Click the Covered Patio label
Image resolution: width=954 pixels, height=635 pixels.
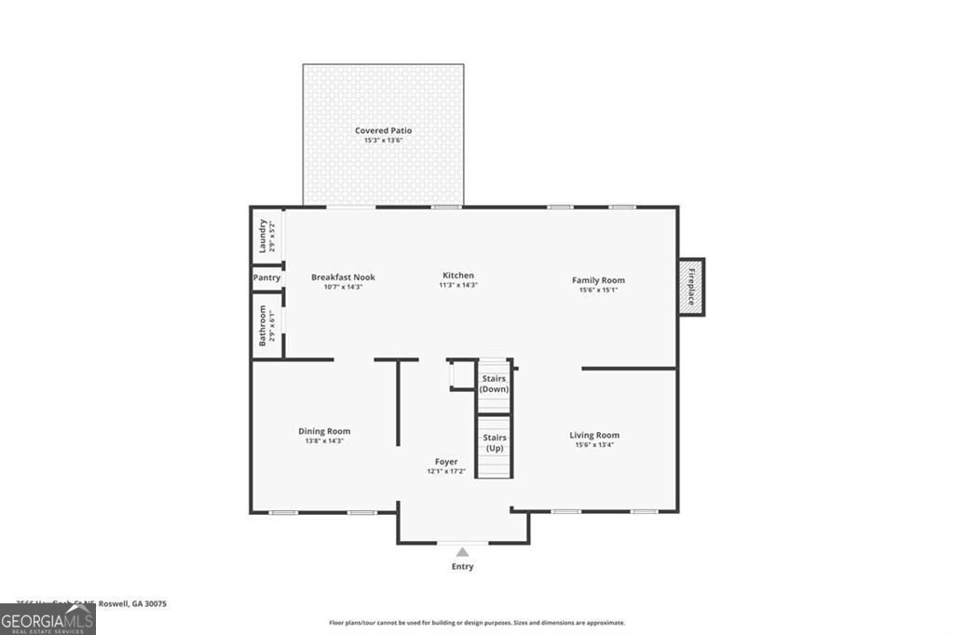(x=383, y=130)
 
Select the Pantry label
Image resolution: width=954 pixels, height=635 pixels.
(x=266, y=277)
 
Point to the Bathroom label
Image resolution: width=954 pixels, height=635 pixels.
(x=263, y=325)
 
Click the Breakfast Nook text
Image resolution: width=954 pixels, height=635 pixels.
(x=343, y=277)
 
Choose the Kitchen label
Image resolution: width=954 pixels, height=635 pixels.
(x=458, y=276)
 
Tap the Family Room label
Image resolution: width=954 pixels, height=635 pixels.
(x=598, y=280)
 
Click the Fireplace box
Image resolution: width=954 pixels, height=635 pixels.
(x=691, y=287)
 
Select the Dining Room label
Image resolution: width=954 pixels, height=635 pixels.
(x=324, y=431)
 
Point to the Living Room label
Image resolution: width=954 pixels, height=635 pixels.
(x=594, y=435)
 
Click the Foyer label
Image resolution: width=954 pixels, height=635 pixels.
(x=446, y=462)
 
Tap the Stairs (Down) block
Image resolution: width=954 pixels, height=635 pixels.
(x=494, y=384)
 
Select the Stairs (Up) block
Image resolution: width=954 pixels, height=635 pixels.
(x=494, y=443)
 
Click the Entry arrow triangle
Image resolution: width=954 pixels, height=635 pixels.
(x=462, y=552)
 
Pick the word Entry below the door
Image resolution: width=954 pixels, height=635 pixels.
(x=462, y=566)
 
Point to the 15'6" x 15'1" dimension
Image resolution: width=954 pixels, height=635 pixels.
(x=598, y=290)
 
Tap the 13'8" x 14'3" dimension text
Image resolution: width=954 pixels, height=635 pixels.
(x=324, y=441)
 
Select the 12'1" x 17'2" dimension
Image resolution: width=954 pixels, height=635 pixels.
(x=446, y=472)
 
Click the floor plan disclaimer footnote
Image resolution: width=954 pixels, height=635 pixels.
(x=477, y=623)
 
